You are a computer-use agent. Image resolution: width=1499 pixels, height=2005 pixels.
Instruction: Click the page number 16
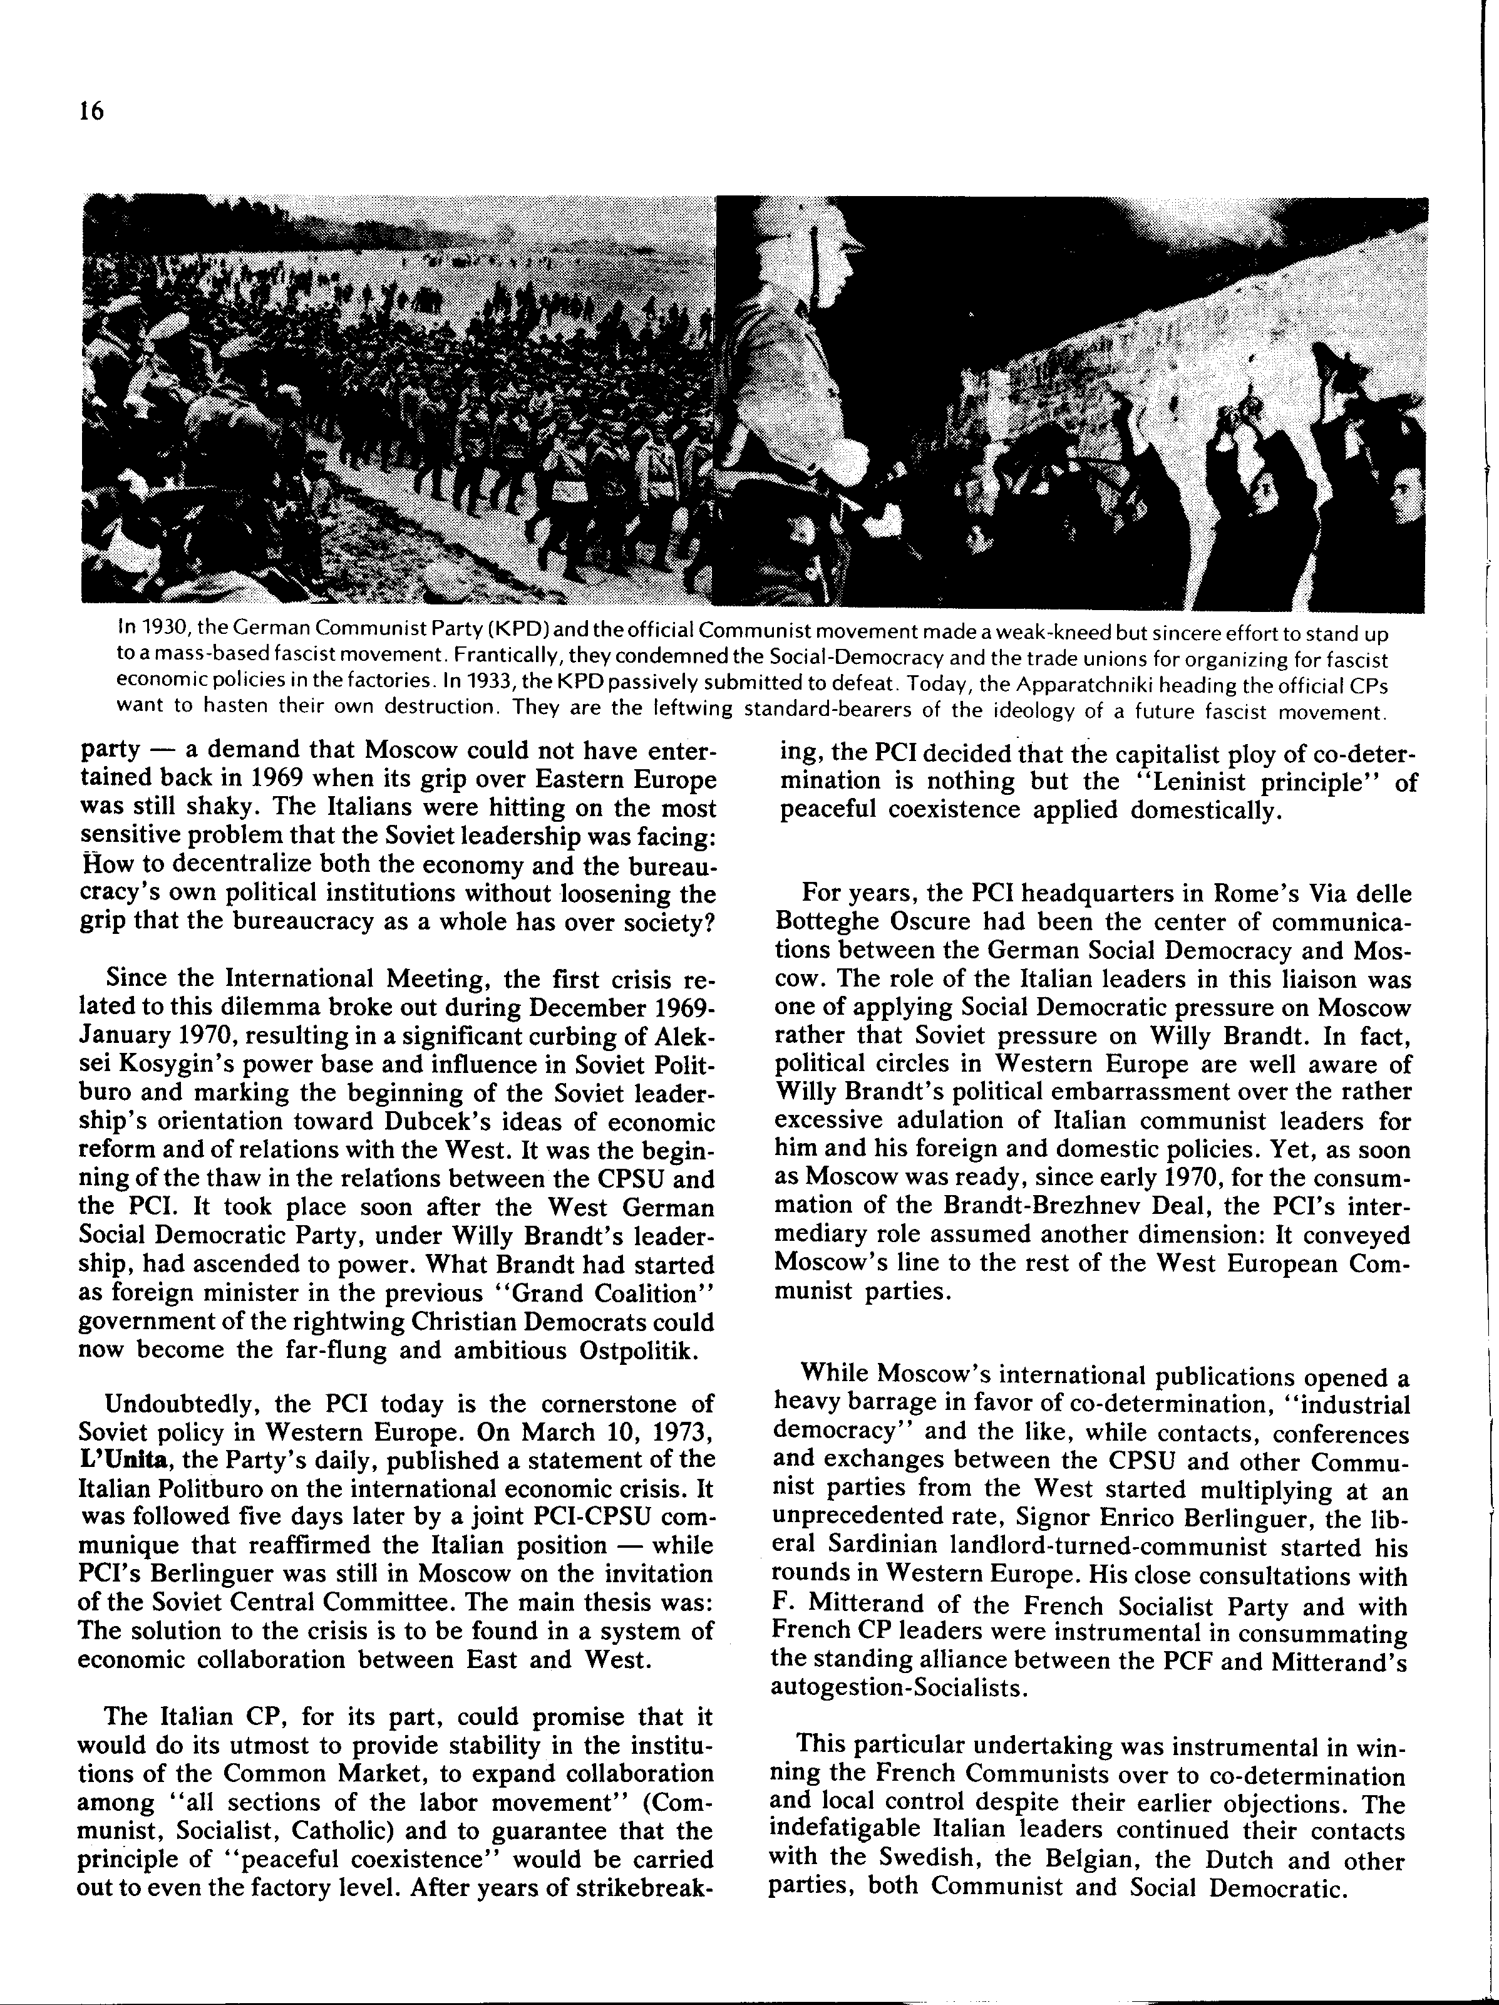[91, 111]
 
